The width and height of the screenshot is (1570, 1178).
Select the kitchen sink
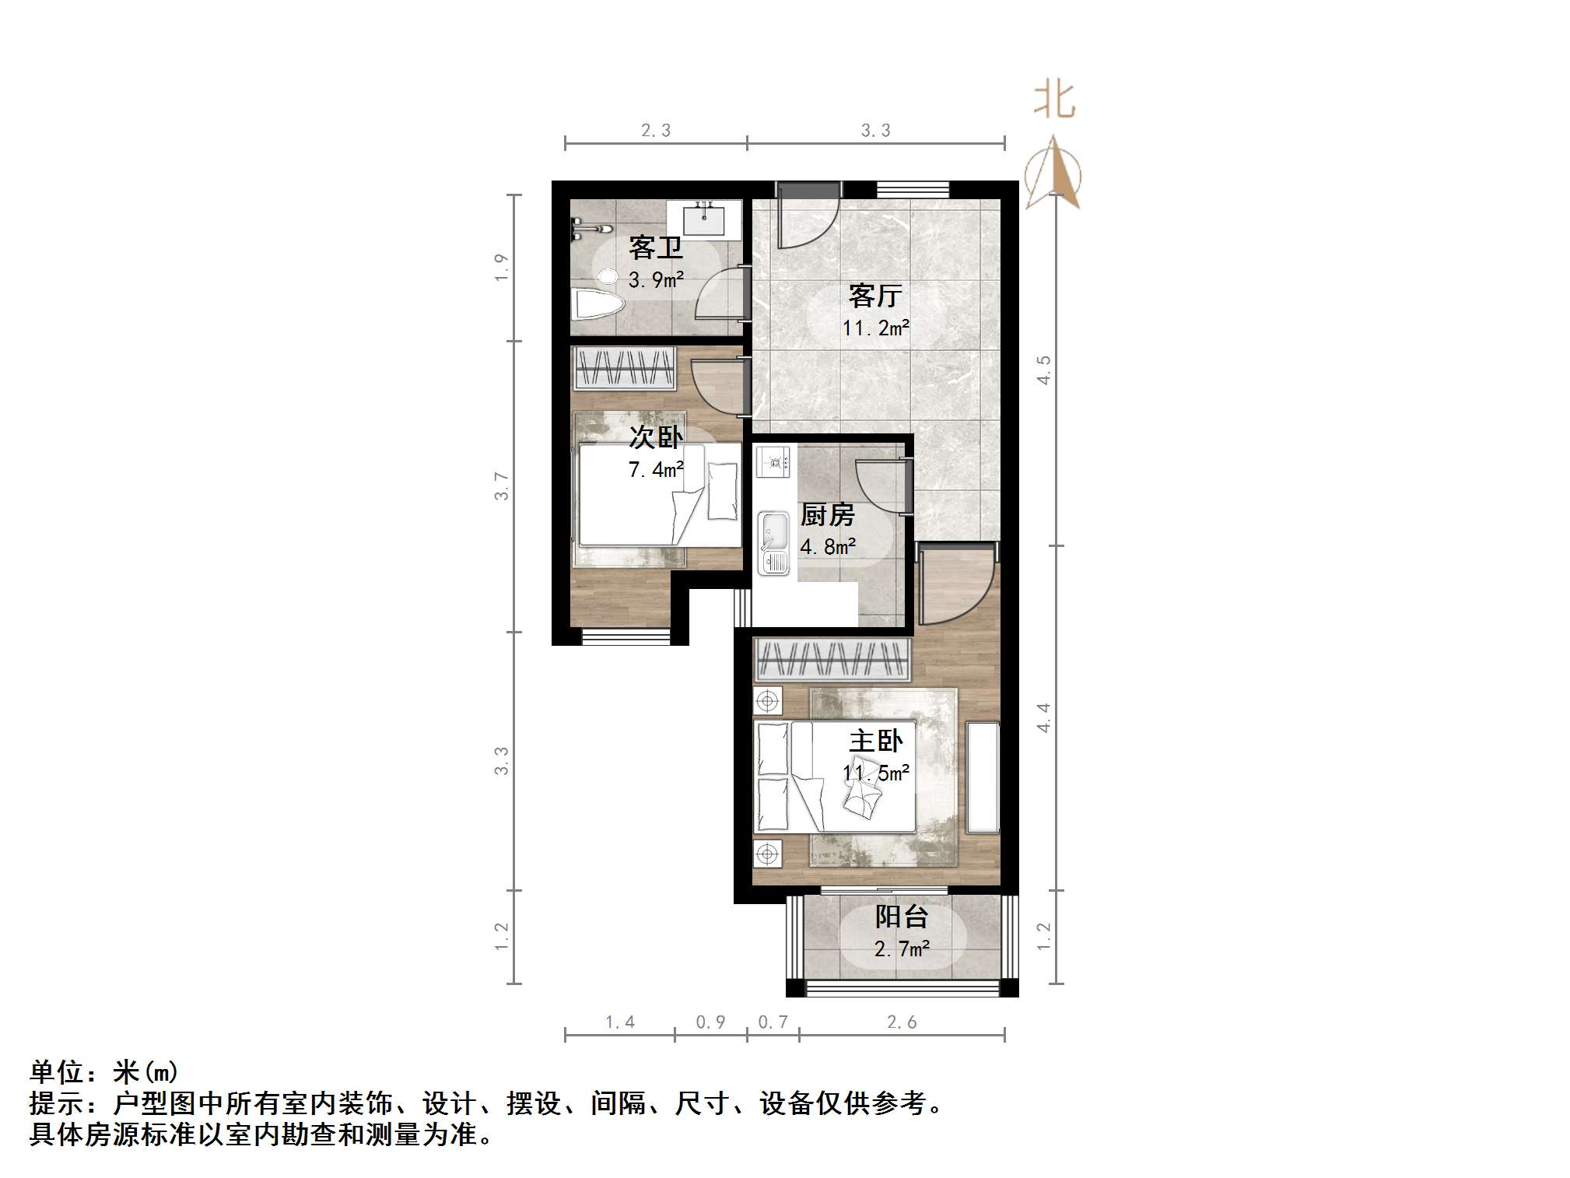tap(773, 543)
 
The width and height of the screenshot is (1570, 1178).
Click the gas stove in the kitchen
tap(773, 462)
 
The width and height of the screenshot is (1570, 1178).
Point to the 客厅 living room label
tap(875, 296)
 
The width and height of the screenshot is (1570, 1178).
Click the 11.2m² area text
tap(875, 328)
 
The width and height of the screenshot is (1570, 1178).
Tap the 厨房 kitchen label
tap(827, 515)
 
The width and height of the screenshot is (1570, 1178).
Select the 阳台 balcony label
tap(901, 917)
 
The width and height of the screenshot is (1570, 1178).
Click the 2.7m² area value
tap(901, 949)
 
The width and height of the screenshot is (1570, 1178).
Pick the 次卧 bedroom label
tap(656, 437)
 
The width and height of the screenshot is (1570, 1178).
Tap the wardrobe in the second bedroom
tap(624, 367)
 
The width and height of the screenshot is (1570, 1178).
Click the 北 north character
tap(1054, 100)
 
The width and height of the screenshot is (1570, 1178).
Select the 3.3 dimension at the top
tap(875, 131)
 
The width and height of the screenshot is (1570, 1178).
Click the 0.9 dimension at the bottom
tap(710, 1022)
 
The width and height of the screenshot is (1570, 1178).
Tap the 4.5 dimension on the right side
tap(1043, 370)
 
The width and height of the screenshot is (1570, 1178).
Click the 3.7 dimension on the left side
tap(503, 486)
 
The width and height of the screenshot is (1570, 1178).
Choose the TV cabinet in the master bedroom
tap(982, 777)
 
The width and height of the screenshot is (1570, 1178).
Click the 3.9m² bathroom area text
tap(656, 279)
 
